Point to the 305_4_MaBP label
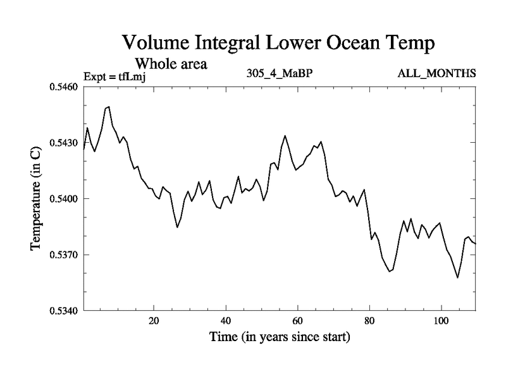click(x=280, y=73)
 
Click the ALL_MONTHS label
click(x=436, y=73)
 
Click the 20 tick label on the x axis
click(x=154, y=320)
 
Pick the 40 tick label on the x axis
click(x=226, y=320)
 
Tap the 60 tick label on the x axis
click(x=297, y=320)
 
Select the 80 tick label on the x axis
click(x=369, y=320)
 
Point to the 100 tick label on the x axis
click(x=441, y=320)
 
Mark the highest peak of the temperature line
click(x=109, y=107)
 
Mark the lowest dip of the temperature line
click(x=457, y=277)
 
